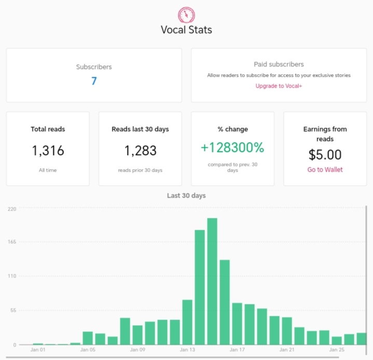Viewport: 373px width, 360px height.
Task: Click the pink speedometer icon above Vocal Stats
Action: tap(187, 15)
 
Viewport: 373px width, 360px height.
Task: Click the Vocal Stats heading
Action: tap(186, 30)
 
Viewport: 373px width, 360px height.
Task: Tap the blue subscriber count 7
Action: tap(94, 81)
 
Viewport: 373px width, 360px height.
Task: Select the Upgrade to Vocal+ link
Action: tap(279, 86)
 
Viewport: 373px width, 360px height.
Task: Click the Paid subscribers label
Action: tap(279, 64)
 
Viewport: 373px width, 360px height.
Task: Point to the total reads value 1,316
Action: tap(48, 150)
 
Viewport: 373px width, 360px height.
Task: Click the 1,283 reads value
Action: tap(141, 150)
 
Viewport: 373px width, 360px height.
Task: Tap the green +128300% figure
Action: tap(232, 147)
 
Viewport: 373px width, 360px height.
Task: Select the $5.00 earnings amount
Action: tap(325, 155)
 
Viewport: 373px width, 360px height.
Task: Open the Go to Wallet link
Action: tap(325, 170)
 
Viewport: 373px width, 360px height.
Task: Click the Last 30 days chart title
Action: tap(186, 196)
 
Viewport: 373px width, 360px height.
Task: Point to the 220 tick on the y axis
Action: tap(12, 209)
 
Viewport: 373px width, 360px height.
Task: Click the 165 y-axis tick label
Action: tap(12, 242)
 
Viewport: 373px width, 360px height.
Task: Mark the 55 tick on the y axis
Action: tap(13, 310)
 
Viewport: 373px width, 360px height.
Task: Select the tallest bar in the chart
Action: tap(212, 281)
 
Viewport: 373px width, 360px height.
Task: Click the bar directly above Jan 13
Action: tap(187, 322)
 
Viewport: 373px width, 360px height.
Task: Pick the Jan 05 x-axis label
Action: tap(88, 350)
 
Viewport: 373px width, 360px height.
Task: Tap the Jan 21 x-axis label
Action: tap(287, 350)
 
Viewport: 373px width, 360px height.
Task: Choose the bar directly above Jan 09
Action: tap(137, 335)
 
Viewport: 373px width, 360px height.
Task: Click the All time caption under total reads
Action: tap(48, 170)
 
